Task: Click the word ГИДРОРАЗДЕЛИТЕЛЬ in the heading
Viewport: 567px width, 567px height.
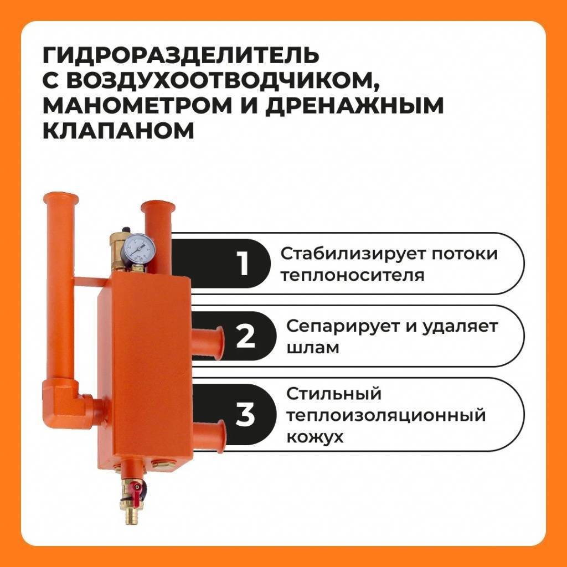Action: point(181,55)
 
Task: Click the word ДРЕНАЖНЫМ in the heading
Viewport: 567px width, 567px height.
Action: point(355,106)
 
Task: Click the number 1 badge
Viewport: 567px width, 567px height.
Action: point(244,264)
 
